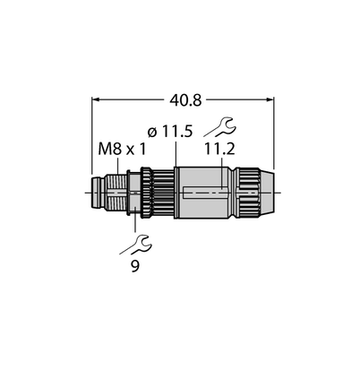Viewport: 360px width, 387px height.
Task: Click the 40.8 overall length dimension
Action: [185, 100]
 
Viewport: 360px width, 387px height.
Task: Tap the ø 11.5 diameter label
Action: [170, 132]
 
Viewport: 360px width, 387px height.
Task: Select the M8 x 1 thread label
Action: [122, 150]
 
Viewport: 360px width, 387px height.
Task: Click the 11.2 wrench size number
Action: [219, 150]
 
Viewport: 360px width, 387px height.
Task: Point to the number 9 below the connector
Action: [135, 266]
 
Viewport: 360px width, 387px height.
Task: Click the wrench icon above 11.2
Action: [220, 127]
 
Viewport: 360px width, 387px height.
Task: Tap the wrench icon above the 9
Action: [136, 245]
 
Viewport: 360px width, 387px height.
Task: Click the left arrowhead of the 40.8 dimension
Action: [96, 99]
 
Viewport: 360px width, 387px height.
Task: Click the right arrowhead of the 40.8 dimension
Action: [270, 99]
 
